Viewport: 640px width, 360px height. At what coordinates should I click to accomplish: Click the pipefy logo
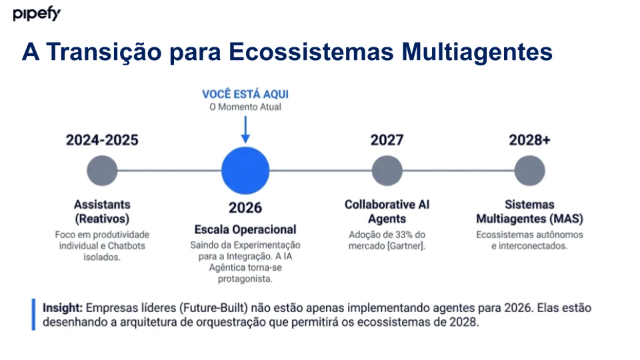[x=37, y=13]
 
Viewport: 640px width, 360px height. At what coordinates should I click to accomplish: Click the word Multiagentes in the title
[x=477, y=52]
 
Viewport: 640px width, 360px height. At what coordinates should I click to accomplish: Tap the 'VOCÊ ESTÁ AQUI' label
[x=245, y=94]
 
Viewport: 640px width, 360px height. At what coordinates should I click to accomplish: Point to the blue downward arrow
[x=245, y=129]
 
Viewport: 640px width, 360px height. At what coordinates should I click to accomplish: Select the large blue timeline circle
[x=245, y=171]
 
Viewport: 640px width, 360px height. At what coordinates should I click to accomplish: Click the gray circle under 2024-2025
[x=102, y=171]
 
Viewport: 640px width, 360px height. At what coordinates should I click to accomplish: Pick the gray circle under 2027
[x=387, y=171]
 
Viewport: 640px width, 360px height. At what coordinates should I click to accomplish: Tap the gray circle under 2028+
[x=529, y=171]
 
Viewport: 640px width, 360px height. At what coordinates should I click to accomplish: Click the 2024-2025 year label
[x=102, y=140]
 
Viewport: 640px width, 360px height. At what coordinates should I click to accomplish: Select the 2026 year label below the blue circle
[x=245, y=208]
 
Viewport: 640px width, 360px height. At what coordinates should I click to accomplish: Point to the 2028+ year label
[x=529, y=140]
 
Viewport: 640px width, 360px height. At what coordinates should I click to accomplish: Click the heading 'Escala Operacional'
[x=245, y=229]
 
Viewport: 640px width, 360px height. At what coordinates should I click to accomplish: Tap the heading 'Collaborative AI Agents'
[x=387, y=211]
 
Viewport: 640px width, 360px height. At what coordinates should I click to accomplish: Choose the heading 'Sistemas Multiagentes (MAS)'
[x=529, y=211]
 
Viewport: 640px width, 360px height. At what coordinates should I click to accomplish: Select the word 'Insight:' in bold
[x=63, y=308]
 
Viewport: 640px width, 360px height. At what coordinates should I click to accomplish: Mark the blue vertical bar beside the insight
[x=33, y=314]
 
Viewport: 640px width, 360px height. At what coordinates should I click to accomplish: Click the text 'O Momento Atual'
[x=245, y=107]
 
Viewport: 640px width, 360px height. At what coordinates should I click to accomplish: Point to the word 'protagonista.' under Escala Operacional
[x=245, y=279]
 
